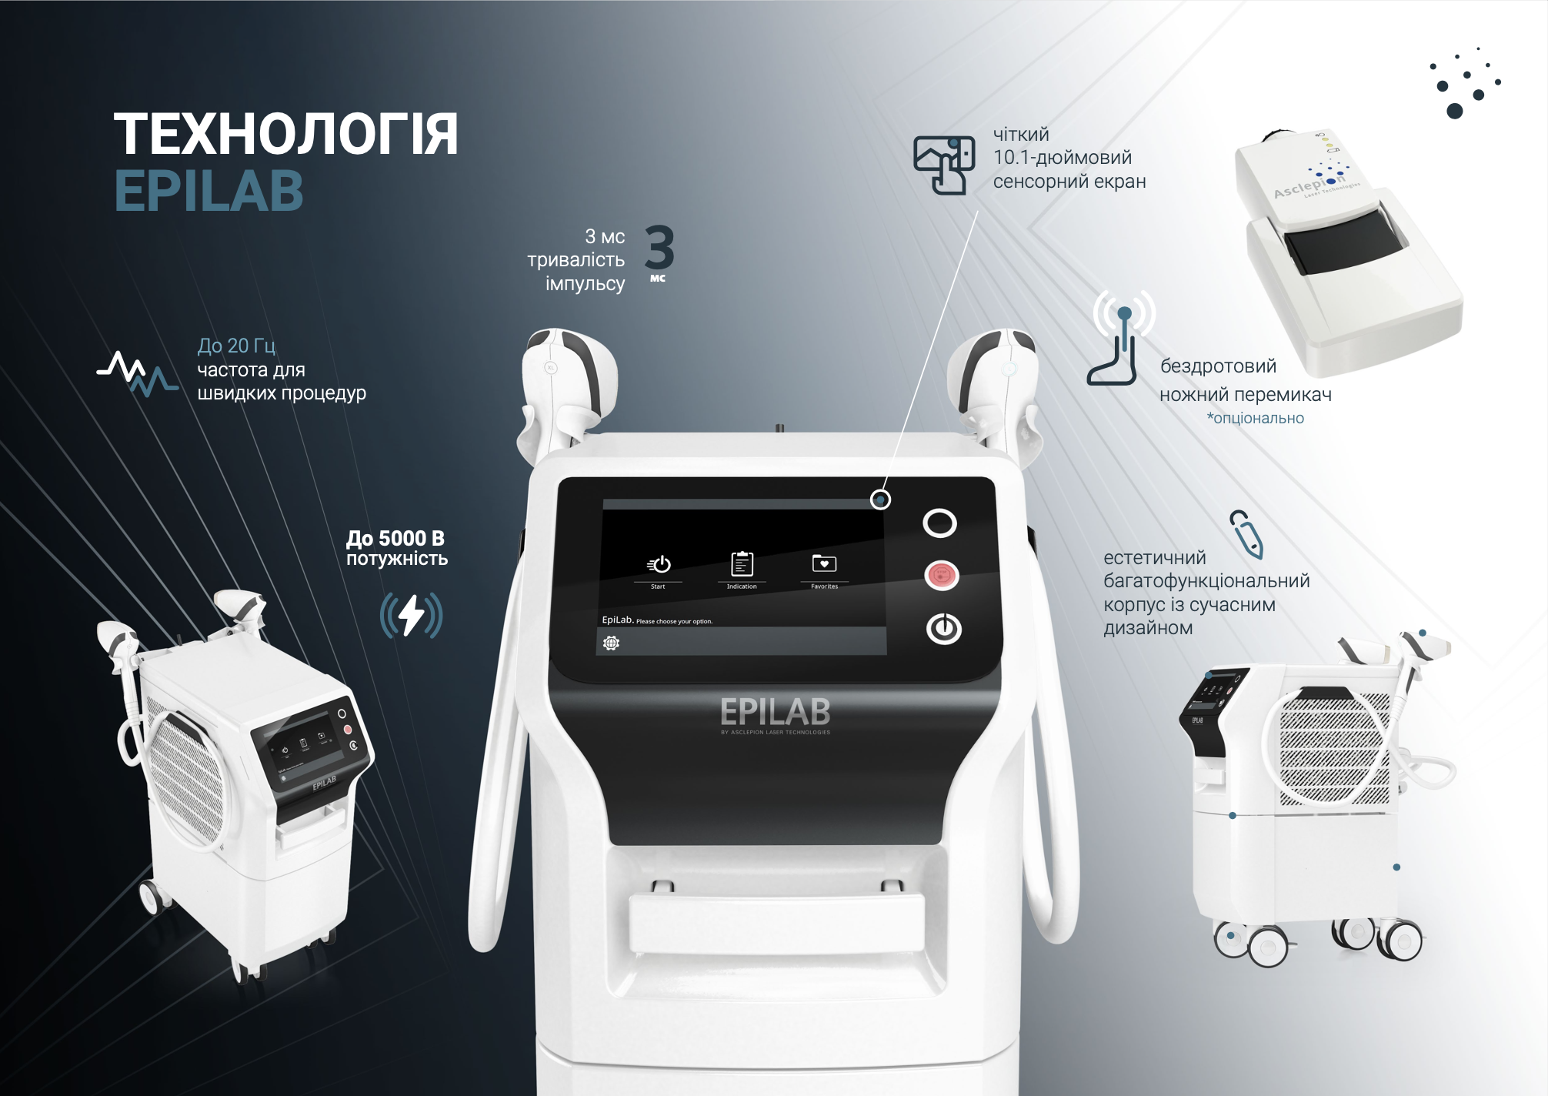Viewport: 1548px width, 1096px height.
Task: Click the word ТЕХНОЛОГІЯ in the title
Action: coord(285,135)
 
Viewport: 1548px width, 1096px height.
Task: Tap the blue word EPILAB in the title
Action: coord(209,191)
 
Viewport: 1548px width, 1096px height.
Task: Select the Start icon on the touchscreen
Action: coord(659,565)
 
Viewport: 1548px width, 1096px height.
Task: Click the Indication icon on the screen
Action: coord(742,564)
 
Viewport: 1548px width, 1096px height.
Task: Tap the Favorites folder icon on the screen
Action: coord(824,563)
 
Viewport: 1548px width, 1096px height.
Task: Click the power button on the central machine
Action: coord(943,629)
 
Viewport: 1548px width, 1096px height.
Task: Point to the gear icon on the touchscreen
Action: coord(612,643)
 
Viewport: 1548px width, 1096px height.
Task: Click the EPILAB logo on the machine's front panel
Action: coord(775,712)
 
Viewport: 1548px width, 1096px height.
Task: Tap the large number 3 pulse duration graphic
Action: coord(659,248)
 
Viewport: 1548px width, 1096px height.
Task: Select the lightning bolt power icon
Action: coord(411,615)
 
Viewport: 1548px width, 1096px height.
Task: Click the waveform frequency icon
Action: coord(138,373)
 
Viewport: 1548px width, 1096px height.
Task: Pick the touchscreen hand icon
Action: coord(943,164)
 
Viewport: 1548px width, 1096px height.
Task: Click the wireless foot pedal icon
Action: coord(1122,337)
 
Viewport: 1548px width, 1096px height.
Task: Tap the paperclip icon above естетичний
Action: coord(1246,533)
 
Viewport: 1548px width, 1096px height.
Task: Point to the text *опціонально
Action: coord(1255,418)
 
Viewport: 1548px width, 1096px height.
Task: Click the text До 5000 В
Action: coord(395,538)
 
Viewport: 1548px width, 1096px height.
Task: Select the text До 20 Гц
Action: coord(236,346)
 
